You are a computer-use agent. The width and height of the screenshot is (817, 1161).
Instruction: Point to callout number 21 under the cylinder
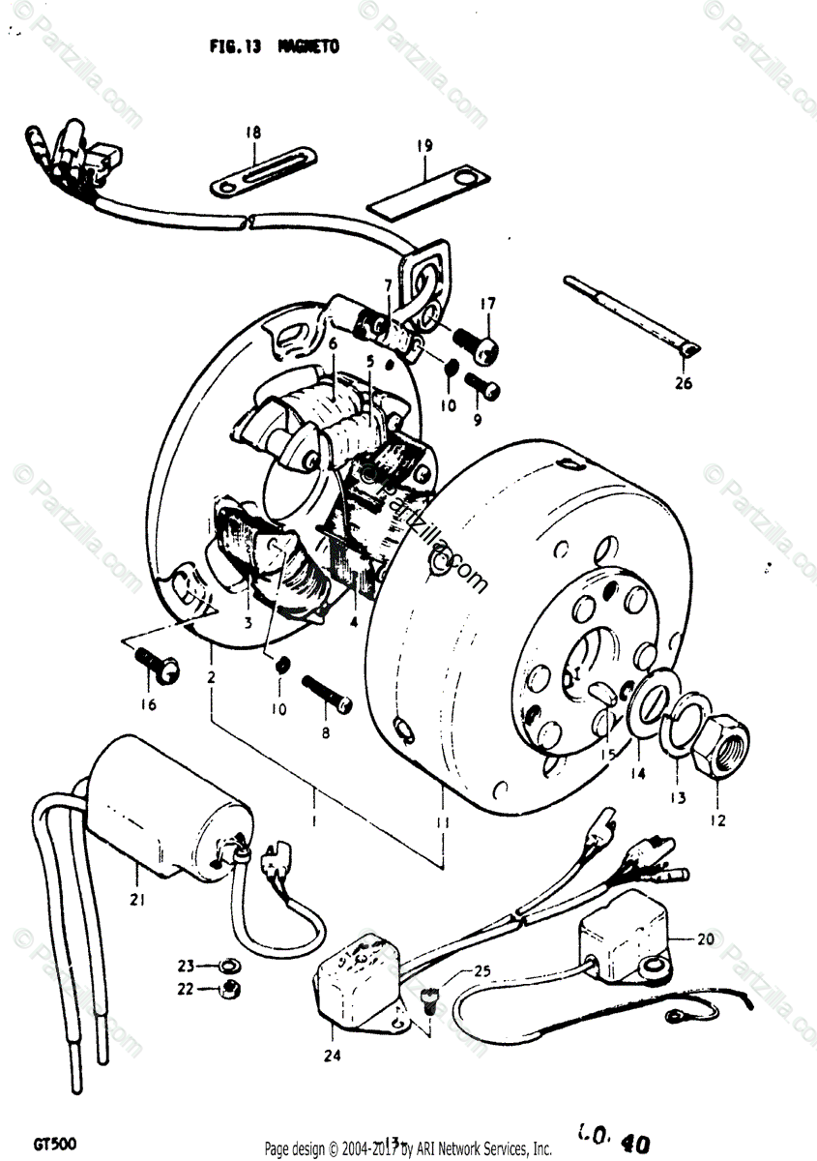point(137,901)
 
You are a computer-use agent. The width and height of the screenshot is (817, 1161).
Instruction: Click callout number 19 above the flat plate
point(424,146)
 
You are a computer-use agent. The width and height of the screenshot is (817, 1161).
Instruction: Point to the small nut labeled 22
point(230,988)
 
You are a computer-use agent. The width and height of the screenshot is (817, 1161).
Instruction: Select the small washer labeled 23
point(230,965)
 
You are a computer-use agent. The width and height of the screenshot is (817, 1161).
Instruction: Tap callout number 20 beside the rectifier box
point(706,938)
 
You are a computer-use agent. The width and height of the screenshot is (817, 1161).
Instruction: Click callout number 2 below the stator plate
point(211,677)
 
